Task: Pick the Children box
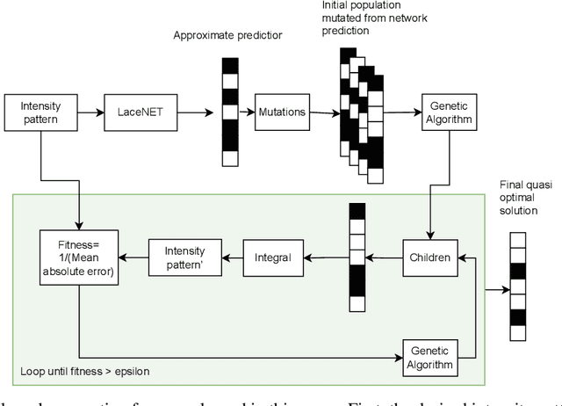click(430, 257)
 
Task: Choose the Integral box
click(272, 257)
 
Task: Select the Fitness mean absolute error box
click(76, 257)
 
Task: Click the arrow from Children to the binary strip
click(383, 257)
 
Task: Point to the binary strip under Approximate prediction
click(229, 112)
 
